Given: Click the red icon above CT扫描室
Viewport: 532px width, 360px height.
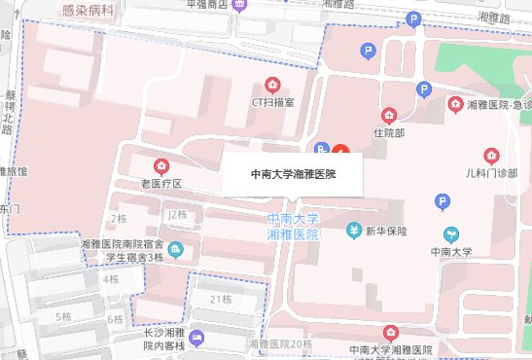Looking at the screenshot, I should pos(273,84).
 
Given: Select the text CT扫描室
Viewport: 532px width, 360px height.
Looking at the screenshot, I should pos(274,100).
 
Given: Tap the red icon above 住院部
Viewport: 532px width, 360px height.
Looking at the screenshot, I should pos(389,115).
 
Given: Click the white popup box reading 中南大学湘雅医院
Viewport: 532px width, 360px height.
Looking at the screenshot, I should pos(293,175).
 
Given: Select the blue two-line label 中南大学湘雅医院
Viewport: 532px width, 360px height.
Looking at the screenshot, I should pos(293,227).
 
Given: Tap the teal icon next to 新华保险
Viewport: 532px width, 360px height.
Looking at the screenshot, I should pos(354,231).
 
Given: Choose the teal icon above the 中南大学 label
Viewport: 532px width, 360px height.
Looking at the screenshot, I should pos(451,234).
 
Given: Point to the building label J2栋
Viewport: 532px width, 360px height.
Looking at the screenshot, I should pos(176,214).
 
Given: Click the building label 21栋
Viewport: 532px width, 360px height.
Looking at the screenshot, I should pos(220,298).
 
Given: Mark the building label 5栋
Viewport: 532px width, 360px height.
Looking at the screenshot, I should pos(63,317).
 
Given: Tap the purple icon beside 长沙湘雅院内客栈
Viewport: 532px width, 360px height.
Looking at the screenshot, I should pos(198,338).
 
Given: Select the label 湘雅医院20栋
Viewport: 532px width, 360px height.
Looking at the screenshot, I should pos(280,344).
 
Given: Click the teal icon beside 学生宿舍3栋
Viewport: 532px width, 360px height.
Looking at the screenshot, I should pos(174,251).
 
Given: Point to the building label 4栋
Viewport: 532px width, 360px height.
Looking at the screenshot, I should pos(111,279).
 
